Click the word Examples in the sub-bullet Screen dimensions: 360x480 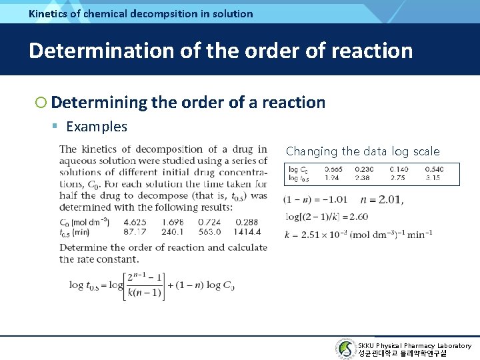[97, 127]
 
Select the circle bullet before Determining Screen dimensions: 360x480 [41, 103]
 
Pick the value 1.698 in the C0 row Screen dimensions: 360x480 [172, 222]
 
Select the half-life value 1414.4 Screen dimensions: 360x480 [247, 232]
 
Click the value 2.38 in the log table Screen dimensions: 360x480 [363, 179]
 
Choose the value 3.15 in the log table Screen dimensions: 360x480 [433, 179]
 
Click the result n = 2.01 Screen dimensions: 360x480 [381, 199]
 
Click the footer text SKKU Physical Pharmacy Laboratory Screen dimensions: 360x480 [414, 345]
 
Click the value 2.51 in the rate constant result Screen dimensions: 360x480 [307, 234]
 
